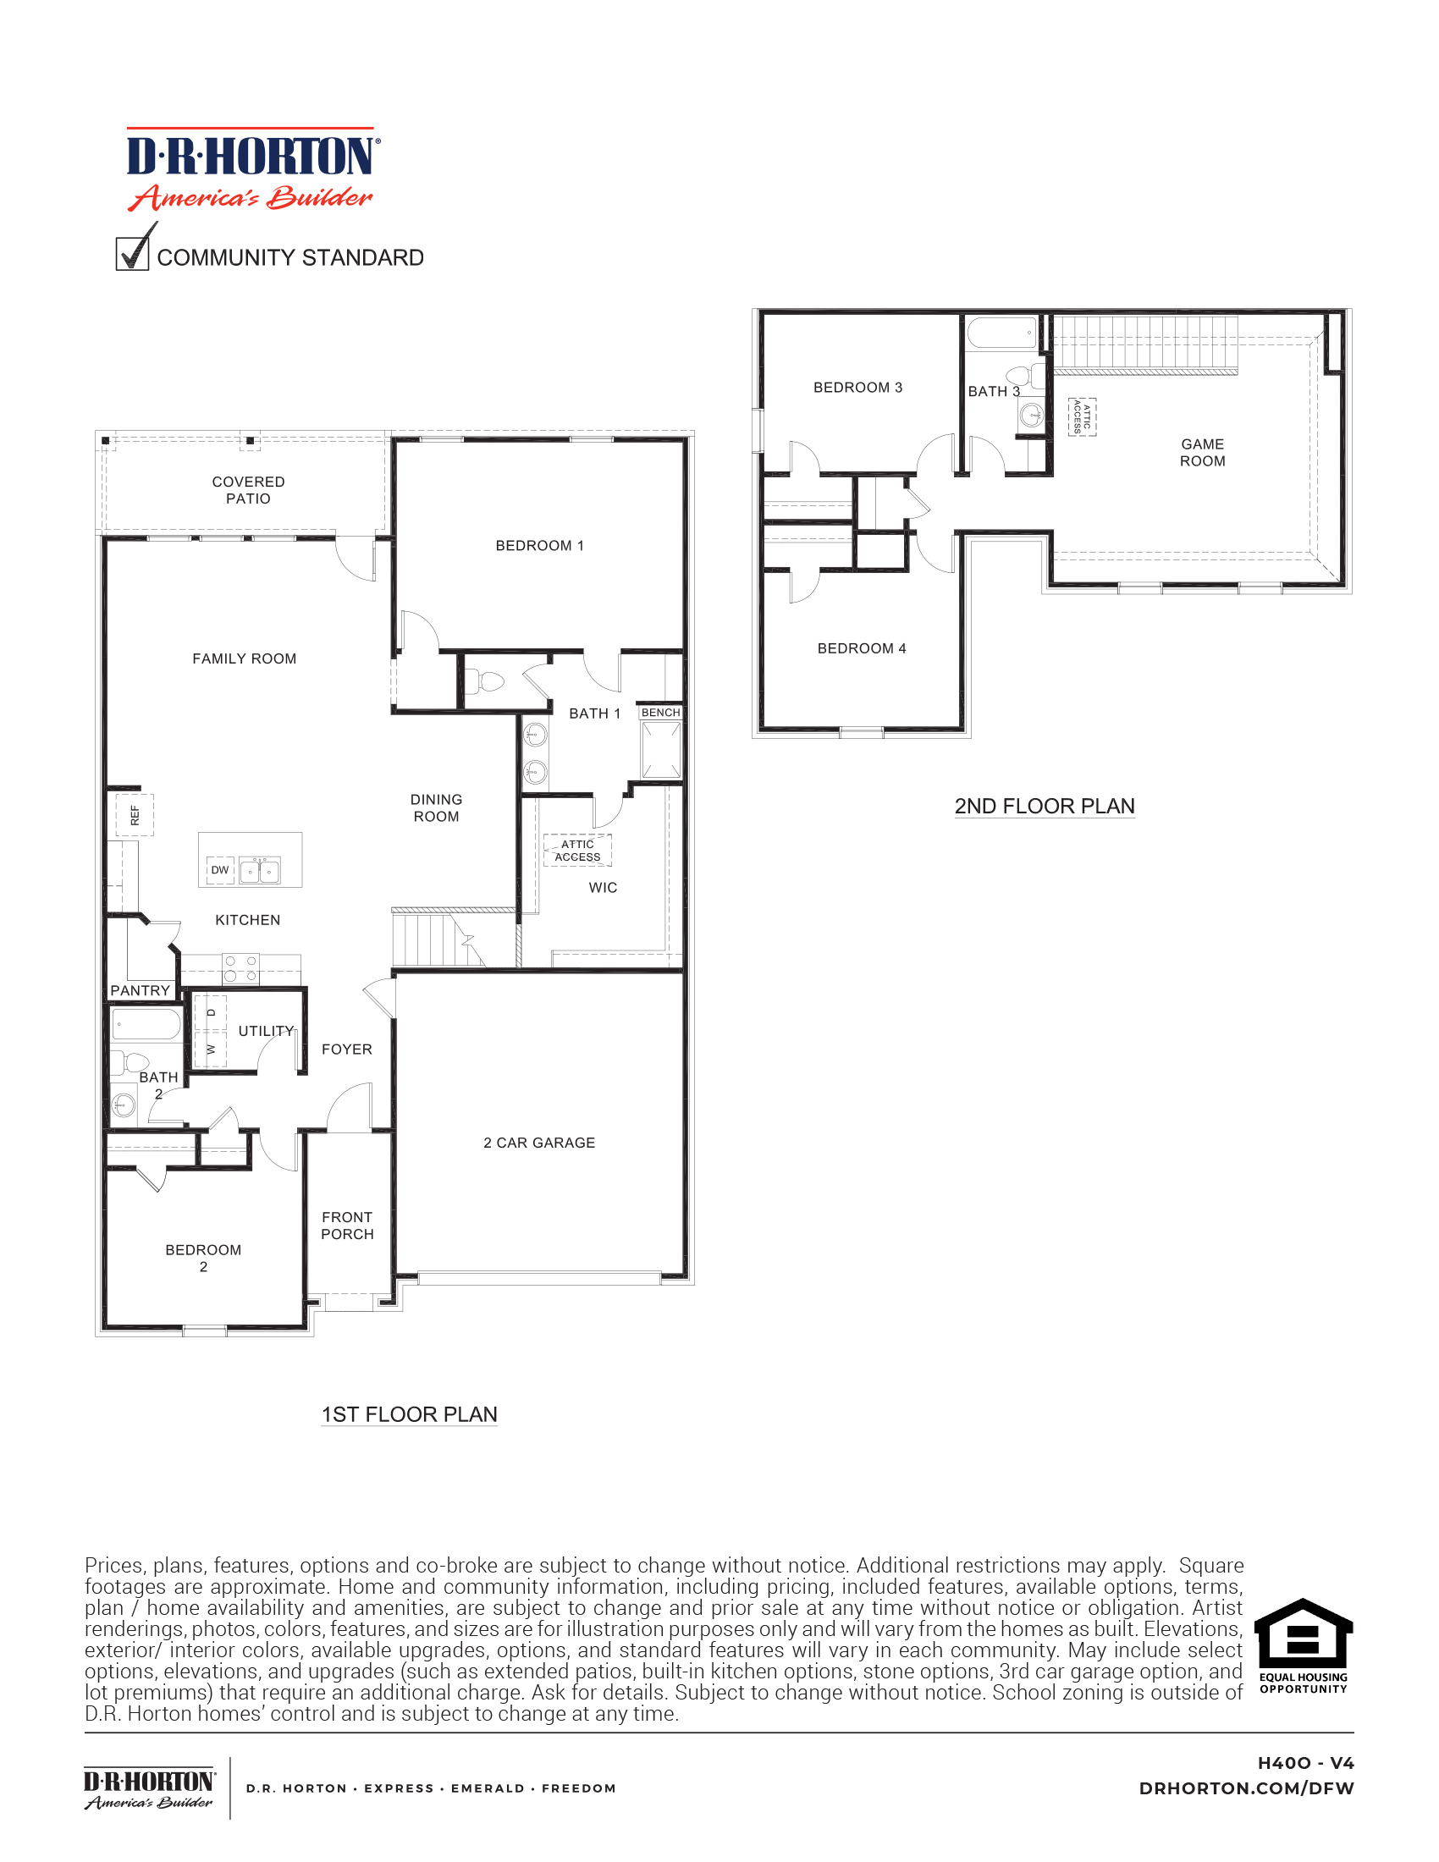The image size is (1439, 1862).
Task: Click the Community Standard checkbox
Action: tap(132, 254)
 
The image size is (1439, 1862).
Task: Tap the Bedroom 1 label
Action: tap(540, 546)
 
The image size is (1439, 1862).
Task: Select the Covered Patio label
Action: tap(248, 490)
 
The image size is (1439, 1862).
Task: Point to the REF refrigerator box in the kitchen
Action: tap(135, 815)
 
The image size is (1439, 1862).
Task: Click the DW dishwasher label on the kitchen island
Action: tap(220, 869)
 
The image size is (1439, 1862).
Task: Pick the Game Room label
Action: tap(1202, 453)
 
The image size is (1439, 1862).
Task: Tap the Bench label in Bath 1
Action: tap(661, 713)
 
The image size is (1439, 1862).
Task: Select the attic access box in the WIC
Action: tap(577, 851)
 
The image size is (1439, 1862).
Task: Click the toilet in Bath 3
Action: tap(1023, 375)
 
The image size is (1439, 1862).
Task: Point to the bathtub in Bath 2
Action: tap(146, 1024)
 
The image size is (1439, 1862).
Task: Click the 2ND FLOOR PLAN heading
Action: tap(1045, 806)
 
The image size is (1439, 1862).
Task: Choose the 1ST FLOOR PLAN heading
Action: tap(409, 1414)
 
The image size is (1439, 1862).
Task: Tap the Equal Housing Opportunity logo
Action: tap(1304, 1646)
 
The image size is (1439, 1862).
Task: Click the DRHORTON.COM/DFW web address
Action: tap(1246, 1788)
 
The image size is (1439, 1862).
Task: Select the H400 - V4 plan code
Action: tap(1305, 1763)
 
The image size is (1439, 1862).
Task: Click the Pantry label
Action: tap(141, 991)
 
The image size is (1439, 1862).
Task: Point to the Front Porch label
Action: tap(347, 1226)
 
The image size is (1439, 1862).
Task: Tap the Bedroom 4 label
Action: tap(861, 649)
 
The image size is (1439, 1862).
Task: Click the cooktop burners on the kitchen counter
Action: tap(240, 968)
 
